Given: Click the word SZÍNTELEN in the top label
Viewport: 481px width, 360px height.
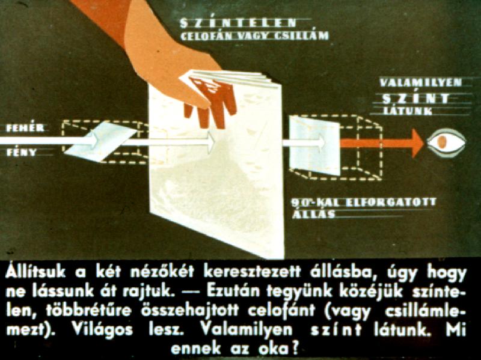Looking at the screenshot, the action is tap(238, 23).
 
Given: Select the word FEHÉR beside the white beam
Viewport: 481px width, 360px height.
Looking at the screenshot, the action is tap(25, 127).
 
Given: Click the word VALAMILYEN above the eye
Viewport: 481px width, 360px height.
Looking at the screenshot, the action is tap(420, 82).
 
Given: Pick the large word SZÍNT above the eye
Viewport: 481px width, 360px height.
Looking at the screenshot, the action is tap(415, 99).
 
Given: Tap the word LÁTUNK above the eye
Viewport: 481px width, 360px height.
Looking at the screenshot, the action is tap(408, 111).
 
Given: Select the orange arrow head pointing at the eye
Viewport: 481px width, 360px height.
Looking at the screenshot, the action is tap(417, 143).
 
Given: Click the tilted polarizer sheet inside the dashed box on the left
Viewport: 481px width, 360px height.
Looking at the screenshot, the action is tap(100, 141).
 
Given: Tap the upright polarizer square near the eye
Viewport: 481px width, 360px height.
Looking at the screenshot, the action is tap(314, 145).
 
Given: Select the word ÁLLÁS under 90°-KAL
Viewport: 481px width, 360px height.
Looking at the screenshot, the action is tap(313, 213).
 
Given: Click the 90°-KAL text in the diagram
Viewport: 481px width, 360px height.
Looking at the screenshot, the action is tap(317, 203).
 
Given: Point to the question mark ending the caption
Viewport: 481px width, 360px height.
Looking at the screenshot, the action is tap(295, 349).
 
